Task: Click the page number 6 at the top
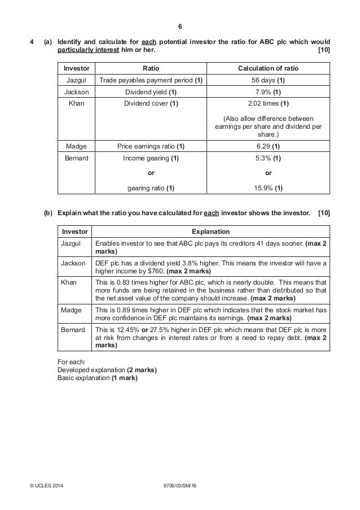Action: pyautogui.click(x=179, y=27)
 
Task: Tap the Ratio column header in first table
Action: pyautogui.click(x=151, y=68)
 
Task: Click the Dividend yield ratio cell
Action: pyautogui.click(x=151, y=92)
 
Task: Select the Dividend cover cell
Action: pyautogui.click(x=151, y=104)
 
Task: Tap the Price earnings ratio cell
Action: pyautogui.click(x=151, y=146)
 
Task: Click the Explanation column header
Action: pyautogui.click(x=210, y=231)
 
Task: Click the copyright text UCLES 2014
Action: pyautogui.click(x=49, y=486)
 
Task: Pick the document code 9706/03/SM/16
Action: pyautogui.click(x=179, y=486)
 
